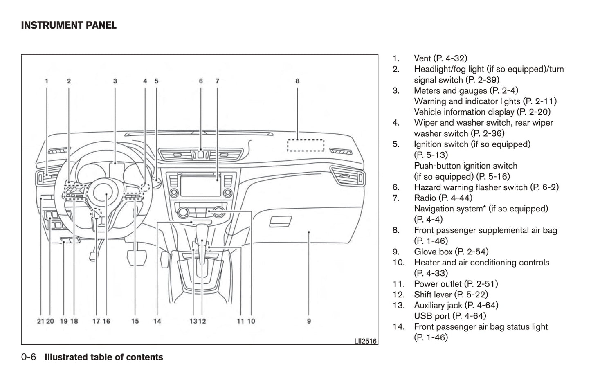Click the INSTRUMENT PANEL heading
point(69,25)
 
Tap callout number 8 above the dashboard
point(297,81)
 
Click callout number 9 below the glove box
point(309,321)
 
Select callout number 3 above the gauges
point(115,81)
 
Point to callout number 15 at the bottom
point(135,321)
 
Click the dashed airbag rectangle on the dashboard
point(305,145)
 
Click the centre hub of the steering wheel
point(106,195)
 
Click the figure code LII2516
point(365,340)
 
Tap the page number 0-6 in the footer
point(29,357)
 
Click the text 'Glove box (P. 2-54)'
point(451,252)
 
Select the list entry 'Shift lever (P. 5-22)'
point(451,295)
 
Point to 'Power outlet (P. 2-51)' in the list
point(456,284)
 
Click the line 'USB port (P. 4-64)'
point(450,316)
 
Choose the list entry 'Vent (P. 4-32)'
point(440,58)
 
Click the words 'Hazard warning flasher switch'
point(470,187)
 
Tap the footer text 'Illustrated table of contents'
point(103,357)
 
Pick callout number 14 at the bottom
point(157,321)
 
